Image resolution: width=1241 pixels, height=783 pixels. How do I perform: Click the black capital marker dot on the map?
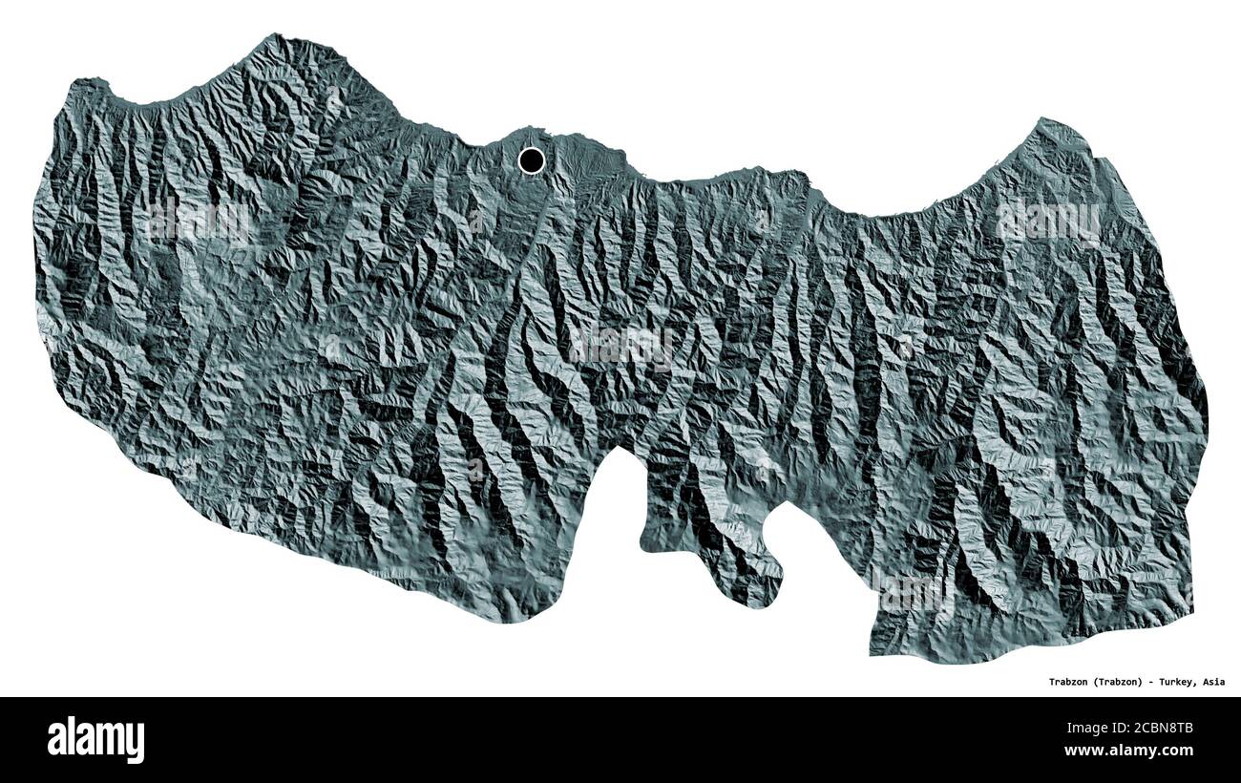pos(532,160)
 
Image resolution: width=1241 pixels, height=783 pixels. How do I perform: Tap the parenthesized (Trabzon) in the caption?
pos(1115,682)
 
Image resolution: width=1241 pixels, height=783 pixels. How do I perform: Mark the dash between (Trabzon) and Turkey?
pos(1150,682)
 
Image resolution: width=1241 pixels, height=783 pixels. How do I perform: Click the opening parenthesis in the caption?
pos(1091,682)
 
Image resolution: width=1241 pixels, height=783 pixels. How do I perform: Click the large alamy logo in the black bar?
pos(96,740)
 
